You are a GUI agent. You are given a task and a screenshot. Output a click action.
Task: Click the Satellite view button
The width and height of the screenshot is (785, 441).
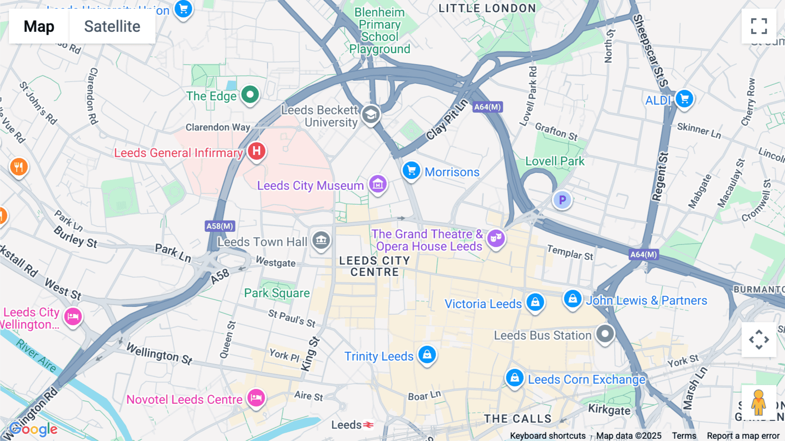pos(112,26)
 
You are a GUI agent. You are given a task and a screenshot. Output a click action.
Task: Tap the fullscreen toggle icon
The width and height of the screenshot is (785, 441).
pos(759,26)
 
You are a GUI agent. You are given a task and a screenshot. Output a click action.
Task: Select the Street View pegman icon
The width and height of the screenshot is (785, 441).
pos(758,402)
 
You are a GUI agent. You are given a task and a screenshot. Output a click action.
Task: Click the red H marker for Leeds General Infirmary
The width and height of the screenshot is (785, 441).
pos(256,151)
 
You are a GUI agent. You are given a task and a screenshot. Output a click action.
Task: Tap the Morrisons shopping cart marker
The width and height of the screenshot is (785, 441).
pos(411,170)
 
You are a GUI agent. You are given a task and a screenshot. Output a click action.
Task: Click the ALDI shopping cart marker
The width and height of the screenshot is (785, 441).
pos(684,99)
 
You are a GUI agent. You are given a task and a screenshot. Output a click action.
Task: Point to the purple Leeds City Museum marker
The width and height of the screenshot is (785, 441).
pos(378,184)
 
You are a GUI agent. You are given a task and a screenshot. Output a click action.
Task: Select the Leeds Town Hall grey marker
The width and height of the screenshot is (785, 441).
pos(321,240)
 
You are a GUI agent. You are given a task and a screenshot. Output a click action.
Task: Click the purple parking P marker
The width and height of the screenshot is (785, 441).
pos(562,200)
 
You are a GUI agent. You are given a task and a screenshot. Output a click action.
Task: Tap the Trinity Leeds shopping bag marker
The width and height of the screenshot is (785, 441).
pos(427,355)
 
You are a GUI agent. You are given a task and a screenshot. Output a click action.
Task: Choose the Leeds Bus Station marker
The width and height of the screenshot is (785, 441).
pos(605,334)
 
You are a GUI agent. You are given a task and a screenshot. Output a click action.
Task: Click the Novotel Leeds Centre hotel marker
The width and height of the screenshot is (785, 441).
pos(256,397)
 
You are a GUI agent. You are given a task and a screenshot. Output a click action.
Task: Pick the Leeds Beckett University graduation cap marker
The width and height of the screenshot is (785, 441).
pos(371,114)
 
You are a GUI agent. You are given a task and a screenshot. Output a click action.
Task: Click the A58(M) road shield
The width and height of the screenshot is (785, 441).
pos(220,226)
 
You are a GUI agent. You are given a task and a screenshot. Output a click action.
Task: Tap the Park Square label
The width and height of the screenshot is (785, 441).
pos(277,293)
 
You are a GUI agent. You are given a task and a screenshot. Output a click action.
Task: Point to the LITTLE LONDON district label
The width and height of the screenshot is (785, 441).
pos(487,8)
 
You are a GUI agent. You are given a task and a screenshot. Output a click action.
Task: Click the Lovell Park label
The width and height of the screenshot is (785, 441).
pos(555,161)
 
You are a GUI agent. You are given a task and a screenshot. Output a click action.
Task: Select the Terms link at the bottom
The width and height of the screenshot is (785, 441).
pos(684,435)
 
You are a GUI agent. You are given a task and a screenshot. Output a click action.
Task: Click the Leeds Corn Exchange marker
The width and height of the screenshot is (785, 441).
pos(515,377)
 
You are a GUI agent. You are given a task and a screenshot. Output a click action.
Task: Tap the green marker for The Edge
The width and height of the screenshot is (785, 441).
pos(250,94)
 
